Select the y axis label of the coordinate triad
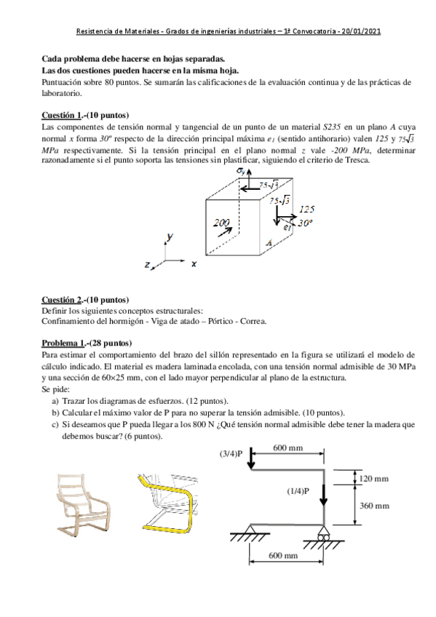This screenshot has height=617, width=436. [x=170, y=237]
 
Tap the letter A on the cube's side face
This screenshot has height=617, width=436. [x=269, y=244]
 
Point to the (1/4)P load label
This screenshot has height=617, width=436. [x=298, y=491]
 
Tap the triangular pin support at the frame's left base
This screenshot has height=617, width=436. [x=252, y=530]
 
